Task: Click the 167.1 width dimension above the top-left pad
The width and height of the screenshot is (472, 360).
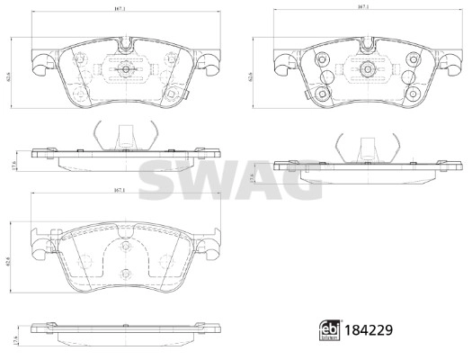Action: click(x=121, y=9)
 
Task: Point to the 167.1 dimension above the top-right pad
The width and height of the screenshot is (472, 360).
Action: click(x=364, y=9)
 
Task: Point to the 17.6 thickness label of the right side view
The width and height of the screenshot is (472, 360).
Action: click(x=255, y=179)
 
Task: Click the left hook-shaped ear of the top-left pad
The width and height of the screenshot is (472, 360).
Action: click(x=36, y=63)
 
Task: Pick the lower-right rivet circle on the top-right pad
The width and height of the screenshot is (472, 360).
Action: click(x=411, y=94)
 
